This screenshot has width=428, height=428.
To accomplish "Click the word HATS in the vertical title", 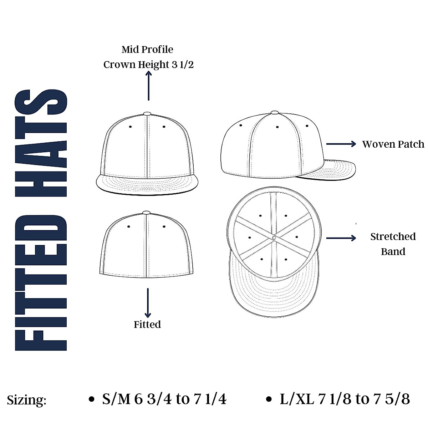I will point(41,143).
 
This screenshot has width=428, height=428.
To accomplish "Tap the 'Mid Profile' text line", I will point(147,49).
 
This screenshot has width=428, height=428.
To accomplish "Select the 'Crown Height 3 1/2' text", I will point(148,65).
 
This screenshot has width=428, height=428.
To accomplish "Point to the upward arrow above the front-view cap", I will point(148,86).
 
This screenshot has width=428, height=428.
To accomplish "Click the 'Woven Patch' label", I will point(393,144).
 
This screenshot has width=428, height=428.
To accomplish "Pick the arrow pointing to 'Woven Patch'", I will point(341,144).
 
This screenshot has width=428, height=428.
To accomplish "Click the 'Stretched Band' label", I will point(393,244).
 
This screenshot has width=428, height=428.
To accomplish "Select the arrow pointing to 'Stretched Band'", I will point(341,238).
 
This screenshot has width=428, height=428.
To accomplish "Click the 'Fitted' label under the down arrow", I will point(147,324).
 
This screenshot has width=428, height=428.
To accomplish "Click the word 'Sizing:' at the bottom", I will point(27,400).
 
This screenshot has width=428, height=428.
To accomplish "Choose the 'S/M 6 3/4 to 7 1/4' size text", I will point(164,399).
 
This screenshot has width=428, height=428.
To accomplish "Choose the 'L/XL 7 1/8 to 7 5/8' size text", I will point(345,399).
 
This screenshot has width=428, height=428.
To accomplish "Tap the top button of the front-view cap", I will point(148,114).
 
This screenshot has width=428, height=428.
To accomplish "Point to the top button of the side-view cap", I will point(274,113).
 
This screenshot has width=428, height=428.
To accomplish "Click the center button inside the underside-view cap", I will point(274,238).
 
